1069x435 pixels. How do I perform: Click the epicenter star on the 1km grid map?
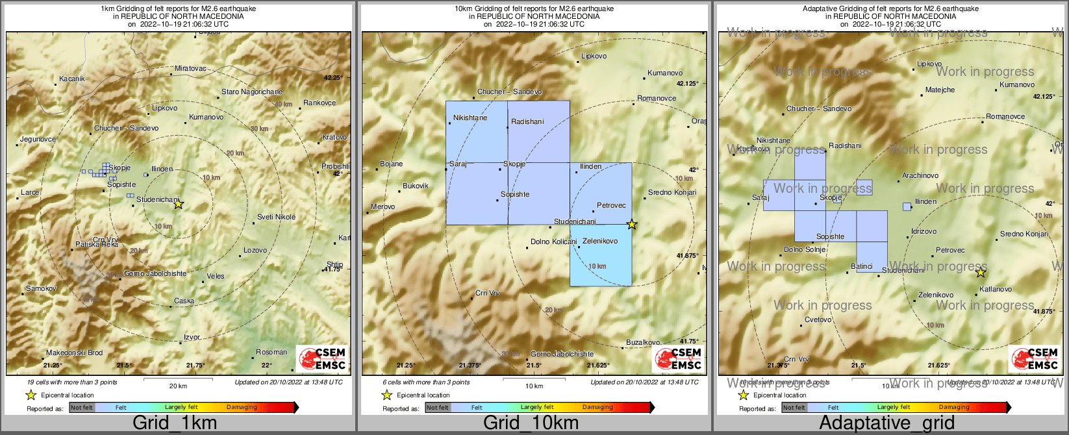tap(179, 204)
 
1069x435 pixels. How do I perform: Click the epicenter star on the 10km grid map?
tap(631, 225)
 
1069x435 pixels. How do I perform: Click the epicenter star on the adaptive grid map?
tap(981, 273)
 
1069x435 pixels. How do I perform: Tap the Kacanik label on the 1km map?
tap(71, 79)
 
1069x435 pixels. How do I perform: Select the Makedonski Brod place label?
tap(74, 353)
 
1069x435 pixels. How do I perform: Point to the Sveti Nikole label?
tap(276, 217)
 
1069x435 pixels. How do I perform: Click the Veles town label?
tap(216, 276)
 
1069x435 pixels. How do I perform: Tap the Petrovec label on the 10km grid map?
tap(611, 205)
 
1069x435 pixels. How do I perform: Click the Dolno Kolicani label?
tap(553, 242)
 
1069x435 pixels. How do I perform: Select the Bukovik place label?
tap(415, 186)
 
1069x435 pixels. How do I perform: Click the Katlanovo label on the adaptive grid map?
tap(995, 289)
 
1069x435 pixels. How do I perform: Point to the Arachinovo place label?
tap(920, 175)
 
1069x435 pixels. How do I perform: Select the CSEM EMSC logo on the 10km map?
tap(678, 359)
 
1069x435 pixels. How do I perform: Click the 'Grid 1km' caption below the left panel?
tap(175, 423)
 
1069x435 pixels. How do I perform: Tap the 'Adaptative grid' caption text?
tap(887, 423)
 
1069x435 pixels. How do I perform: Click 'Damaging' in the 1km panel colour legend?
tap(242, 408)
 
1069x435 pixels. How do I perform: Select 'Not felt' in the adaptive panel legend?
tap(794, 408)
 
